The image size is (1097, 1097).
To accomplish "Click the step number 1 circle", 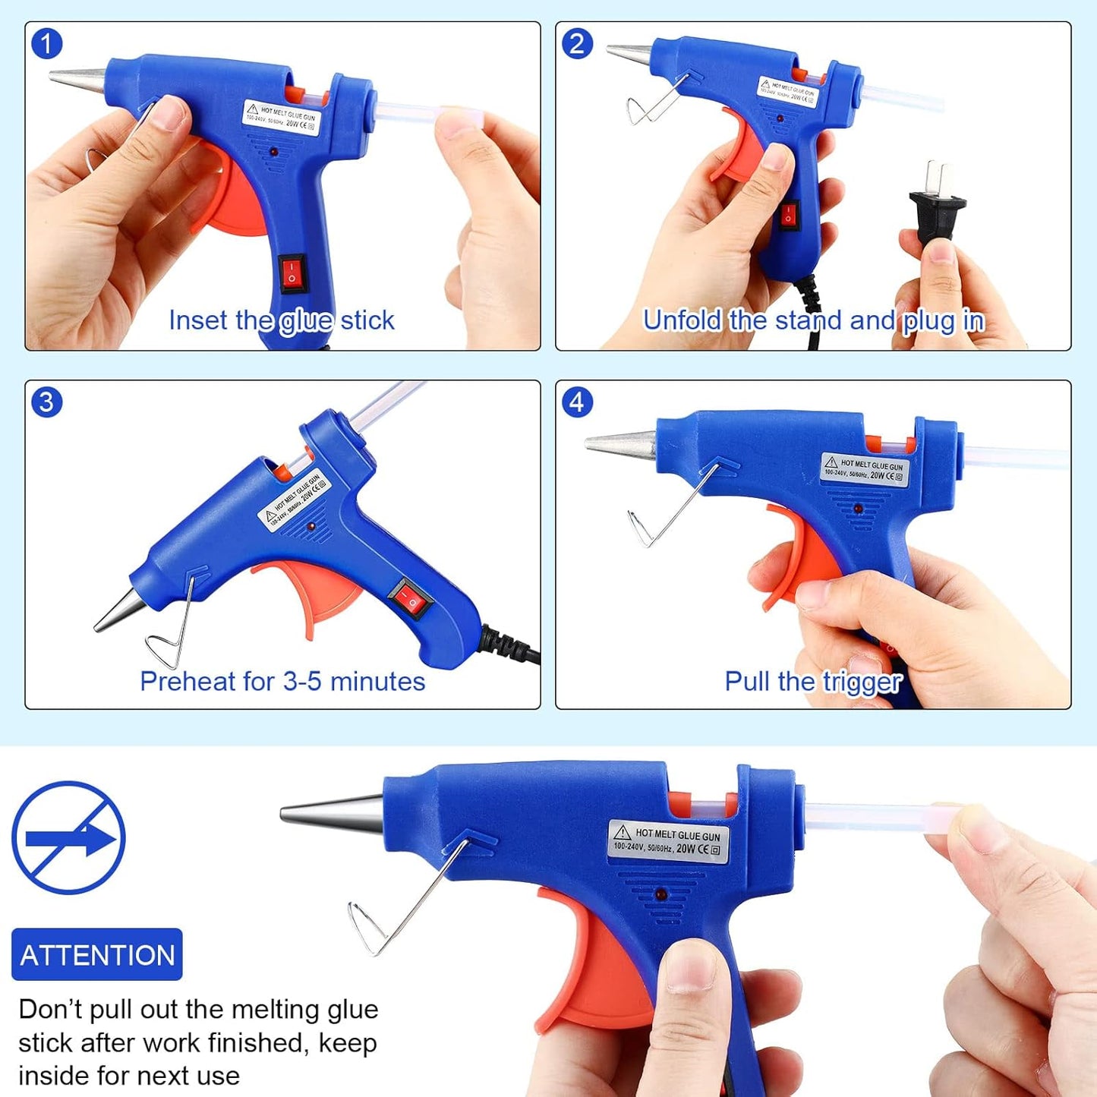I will (x=46, y=44).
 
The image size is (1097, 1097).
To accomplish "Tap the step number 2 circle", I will (x=577, y=44).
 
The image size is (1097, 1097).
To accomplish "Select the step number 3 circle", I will (x=46, y=402).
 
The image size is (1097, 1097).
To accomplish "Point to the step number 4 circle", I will (x=577, y=402).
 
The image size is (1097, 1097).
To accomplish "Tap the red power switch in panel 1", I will (x=292, y=273).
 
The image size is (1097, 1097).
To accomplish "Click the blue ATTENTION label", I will (x=97, y=955).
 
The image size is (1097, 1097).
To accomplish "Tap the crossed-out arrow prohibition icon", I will (x=68, y=838).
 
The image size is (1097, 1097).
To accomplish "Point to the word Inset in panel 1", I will (x=198, y=320).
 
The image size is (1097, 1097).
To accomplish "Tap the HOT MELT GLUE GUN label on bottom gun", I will (x=669, y=841).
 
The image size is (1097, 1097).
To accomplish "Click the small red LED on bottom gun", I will (x=661, y=896).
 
